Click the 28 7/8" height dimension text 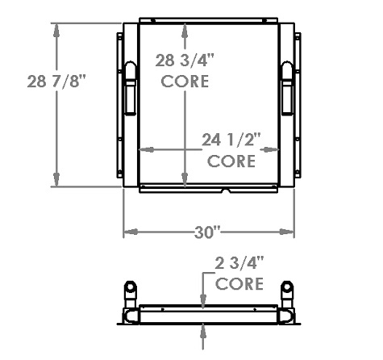point(56,82)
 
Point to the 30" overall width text point(208,233)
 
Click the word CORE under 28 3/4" point(185,82)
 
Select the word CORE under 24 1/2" point(231,161)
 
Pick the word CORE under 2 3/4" point(239,283)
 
